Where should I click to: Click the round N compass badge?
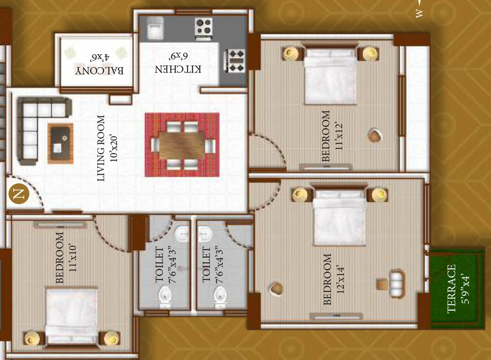pos(19,194)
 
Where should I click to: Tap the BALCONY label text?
pos(99,70)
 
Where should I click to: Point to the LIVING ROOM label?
pos(101,148)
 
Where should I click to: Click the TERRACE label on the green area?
pos(451,289)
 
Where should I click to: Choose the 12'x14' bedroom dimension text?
pos(340,280)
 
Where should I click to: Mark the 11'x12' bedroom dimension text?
pos(339,137)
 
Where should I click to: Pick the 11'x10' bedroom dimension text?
pos(72,257)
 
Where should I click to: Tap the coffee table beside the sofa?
pos(60,144)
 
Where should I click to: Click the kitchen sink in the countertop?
pos(155,28)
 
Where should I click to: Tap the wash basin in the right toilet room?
pos(205,233)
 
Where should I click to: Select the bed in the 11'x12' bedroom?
pos(330,74)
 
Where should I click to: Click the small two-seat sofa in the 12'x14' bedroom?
pos(397,283)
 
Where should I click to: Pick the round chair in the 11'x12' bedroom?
pos(374,135)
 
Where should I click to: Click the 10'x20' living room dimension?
pos(113,149)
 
